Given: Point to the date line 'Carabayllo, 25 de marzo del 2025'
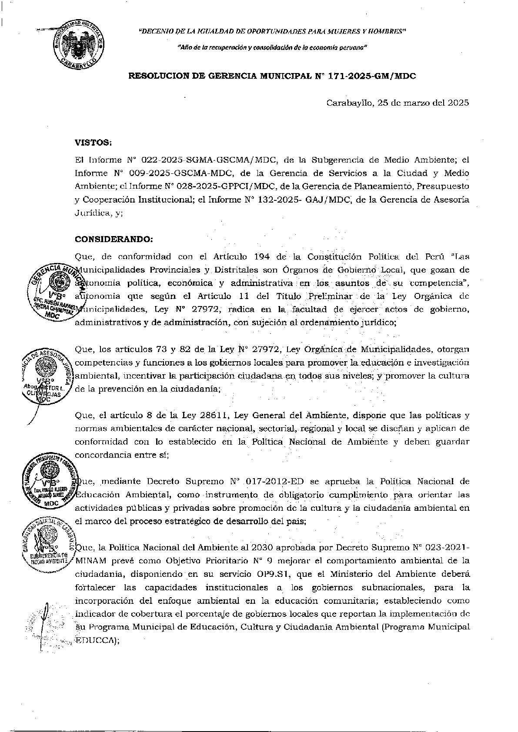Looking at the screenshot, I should click(x=397, y=103).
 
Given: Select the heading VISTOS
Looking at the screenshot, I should click(x=94, y=142).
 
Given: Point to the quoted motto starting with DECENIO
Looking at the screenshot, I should click(x=272, y=32).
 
